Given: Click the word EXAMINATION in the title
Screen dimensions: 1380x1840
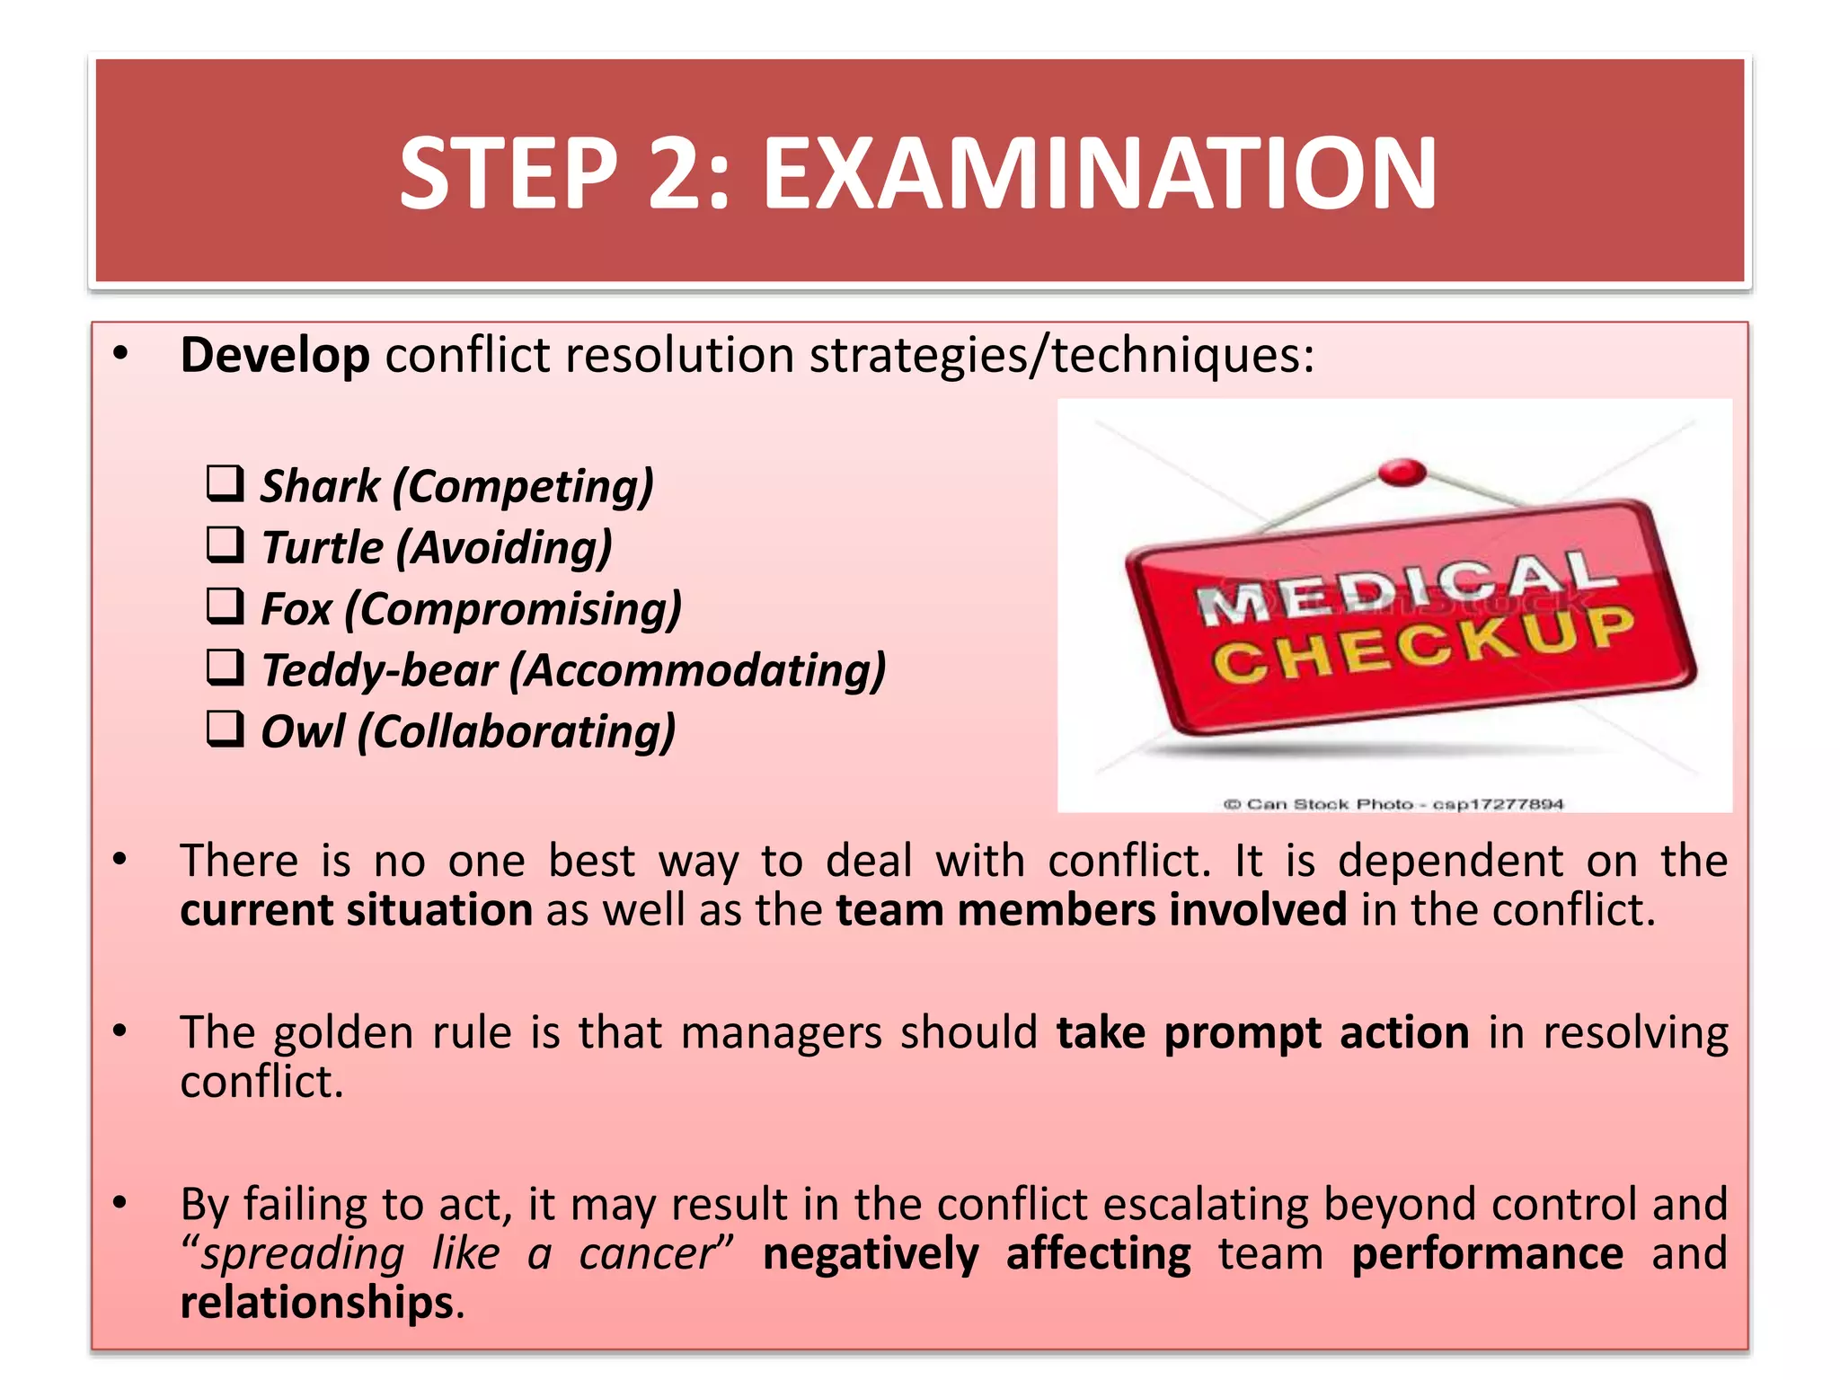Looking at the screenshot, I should (1099, 173).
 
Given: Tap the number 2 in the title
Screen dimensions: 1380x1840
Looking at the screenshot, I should (670, 173).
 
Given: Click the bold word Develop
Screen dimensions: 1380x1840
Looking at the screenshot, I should (275, 356).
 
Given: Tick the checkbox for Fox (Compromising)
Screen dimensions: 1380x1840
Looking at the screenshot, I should (225, 606).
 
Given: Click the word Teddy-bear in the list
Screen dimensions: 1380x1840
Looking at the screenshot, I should (379, 671).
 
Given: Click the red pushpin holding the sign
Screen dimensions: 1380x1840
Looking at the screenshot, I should (1402, 471).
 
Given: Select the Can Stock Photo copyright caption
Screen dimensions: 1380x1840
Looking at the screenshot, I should (1393, 804).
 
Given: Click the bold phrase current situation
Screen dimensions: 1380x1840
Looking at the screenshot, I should (356, 910).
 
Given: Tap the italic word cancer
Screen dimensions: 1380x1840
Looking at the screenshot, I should (648, 1254).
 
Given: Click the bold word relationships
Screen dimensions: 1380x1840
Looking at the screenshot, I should (316, 1303).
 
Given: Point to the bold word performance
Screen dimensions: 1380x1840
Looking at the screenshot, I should (1487, 1254).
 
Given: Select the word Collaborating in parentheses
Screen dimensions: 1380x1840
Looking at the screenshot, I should (517, 732).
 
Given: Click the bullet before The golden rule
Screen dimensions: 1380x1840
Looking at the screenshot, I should (120, 1031).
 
